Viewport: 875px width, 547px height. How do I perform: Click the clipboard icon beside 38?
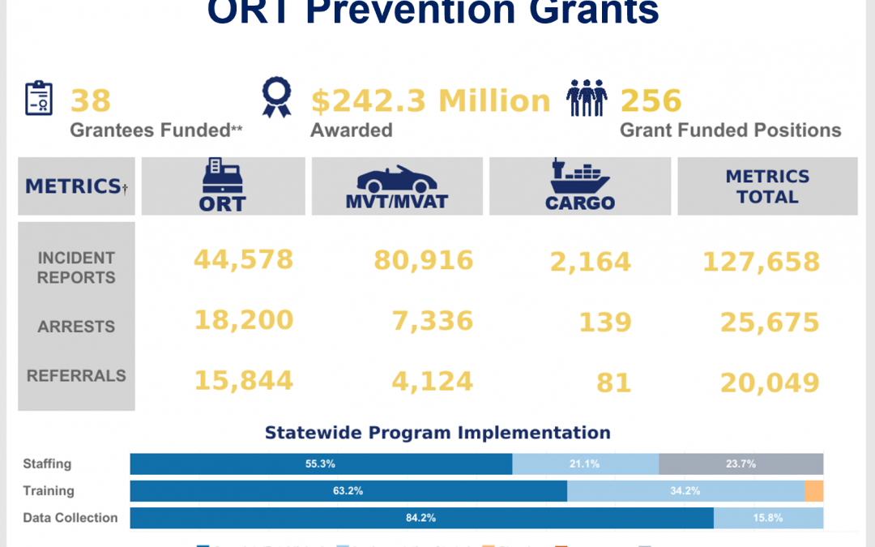click(39, 99)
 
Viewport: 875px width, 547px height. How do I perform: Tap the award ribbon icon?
click(275, 98)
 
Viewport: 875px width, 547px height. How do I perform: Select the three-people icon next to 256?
click(587, 99)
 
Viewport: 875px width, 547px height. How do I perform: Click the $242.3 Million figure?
click(430, 101)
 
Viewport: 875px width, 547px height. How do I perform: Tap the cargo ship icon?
click(580, 177)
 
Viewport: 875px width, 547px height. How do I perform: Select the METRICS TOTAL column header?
click(767, 186)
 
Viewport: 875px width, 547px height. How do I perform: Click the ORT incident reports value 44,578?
click(243, 259)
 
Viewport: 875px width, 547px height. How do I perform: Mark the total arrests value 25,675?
click(770, 323)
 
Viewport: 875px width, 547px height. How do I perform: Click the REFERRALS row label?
click(76, 376)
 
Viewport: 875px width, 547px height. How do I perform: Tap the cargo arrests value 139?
click(604, 323)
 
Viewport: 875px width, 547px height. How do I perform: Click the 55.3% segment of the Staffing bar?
click(321, 464)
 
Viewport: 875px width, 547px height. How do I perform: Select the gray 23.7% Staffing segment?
click(741, 464)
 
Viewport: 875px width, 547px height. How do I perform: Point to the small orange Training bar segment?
click(814, 491)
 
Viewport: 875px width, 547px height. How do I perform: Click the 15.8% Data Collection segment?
click(768, 518)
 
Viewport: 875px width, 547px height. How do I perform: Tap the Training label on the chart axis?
click(48, 491)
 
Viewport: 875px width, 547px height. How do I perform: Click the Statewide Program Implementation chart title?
click(437, 433)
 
